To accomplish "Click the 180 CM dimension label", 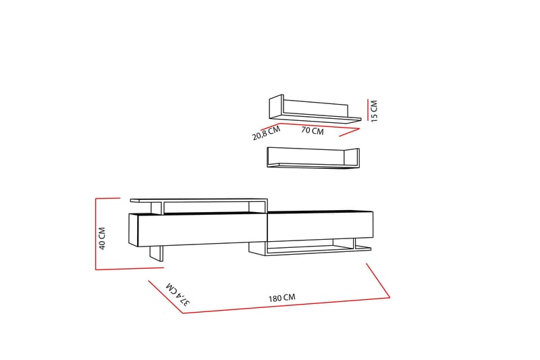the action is pos(282,298).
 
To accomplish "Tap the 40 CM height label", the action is pos(102,238).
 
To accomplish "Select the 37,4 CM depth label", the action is pos(178,294).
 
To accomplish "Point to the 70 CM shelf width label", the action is pos(313,130).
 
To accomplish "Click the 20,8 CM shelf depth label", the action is pos(266,133).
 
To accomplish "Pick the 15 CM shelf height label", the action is pos(375,111).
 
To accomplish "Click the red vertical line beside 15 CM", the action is pos(368,110).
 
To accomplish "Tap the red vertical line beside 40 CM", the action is pos(96,234).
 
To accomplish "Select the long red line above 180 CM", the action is pos(286,305).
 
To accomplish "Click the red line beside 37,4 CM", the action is pos(165,297).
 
